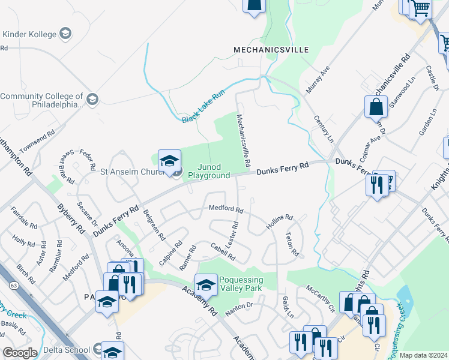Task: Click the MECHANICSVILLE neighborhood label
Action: pyautogui.click(x=271, y=49)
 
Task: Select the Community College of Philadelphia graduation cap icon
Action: pyautogui.click(x=92, y=99)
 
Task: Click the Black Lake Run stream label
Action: pyautogui.click(x=203, y=107)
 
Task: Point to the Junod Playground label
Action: pyautogui.click(x=208, y=171)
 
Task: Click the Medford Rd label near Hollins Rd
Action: pyautogui.click(x=226, y=209)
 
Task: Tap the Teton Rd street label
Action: pyautogui.click(x=292, y=244)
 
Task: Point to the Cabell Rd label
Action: pyautogui.click(x=222, y=251)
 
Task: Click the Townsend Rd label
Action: pyautogui.click(x=37, y=139)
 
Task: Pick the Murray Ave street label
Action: pyautogui.click(x=318, y=80)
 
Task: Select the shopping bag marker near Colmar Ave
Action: pyautogui.click(x=376, y=108)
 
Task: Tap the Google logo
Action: pyautogui.click(x=20, y=353)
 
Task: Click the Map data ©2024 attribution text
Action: pyautogui.click(x=424, y=355)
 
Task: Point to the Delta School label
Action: pyautogui.click(x=67, y=349)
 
